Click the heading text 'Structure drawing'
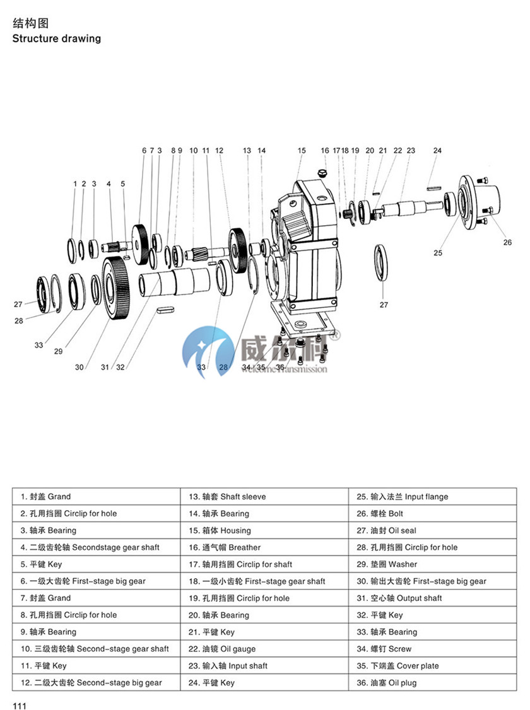point(56,38)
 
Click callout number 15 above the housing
point(302,151)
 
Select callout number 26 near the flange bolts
point(507,242)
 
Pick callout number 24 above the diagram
point(437,151)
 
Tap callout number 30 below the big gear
point(79,367)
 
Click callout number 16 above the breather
point(325,151)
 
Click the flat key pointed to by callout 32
point(165,310)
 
